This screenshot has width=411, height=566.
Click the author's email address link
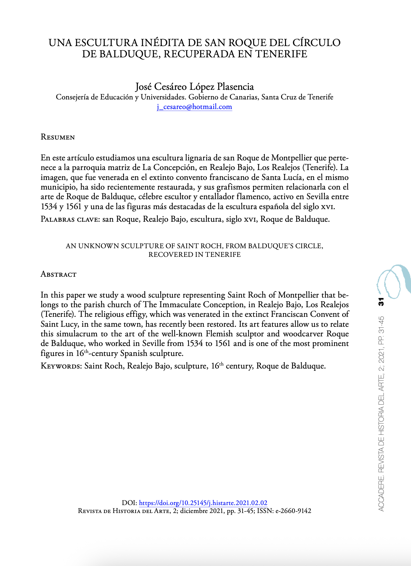tap(195, 107)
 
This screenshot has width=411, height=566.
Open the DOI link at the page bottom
tap(203, 503)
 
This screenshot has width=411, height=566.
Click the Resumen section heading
tap(58, 137)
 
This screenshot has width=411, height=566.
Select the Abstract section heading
tap(58, 274)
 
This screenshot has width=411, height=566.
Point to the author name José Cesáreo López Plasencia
tap(195, 86)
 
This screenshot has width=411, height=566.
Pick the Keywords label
tap(61, 366)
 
